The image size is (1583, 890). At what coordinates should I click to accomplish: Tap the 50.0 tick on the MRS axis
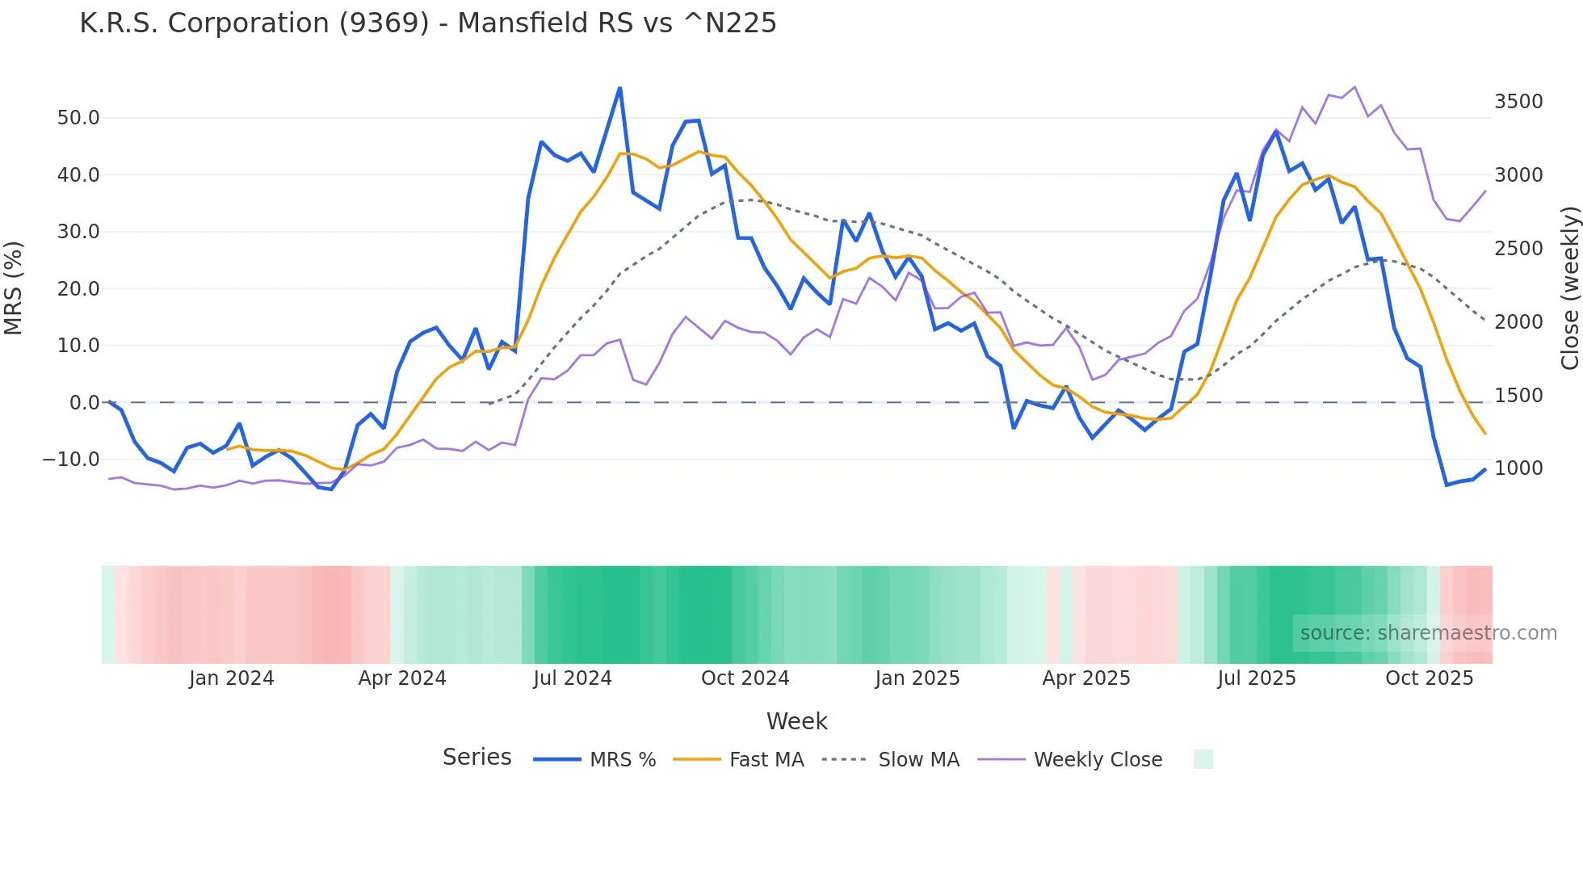pyautogui.click(x=78, y=118)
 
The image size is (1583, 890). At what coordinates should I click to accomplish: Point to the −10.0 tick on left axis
pyautogui.click(x=71, y=460)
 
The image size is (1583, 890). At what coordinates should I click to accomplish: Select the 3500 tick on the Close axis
pyautogui.click(x=1518, y=102)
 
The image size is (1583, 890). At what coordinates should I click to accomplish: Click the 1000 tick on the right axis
pyautogui.click(x=1518, y=468)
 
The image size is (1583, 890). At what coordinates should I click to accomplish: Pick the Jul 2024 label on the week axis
pyautogui.click(x=572, y=678)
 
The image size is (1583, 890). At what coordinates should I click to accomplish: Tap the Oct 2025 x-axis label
pyautogui.click(x=1429, y=678)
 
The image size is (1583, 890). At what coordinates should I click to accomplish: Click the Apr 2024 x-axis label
pyautogui.click(x=402, y=678)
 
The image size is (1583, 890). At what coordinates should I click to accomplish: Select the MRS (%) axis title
pyautogui.click(x=13, y=288)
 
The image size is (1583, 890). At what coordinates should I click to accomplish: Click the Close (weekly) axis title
pyautogui.click(x=1569, y=288)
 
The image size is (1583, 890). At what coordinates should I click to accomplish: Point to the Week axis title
pyautogui.click(x=796, y=721)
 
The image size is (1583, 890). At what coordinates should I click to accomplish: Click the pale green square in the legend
pyautogui.click(x=1203, y=759)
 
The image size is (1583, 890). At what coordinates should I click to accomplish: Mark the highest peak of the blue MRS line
pyautogui.click(x=619, y=88)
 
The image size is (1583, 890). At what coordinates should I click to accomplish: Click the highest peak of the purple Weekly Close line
pyautogui.click(x=1354, y=87)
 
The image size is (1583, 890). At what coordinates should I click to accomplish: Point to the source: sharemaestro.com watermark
pyautogui.click(x=1428, y=633)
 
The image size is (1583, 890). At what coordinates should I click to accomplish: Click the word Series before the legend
pyautogui.click(x=477, y=758)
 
